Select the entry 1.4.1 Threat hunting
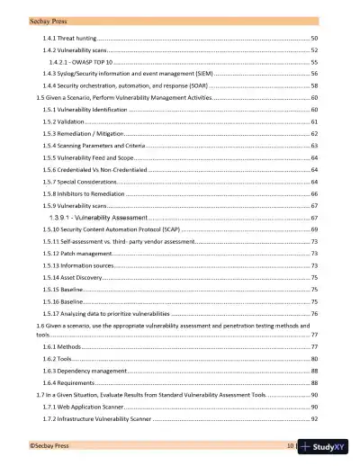tap(67, 40)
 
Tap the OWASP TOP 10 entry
tap(85, 64)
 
